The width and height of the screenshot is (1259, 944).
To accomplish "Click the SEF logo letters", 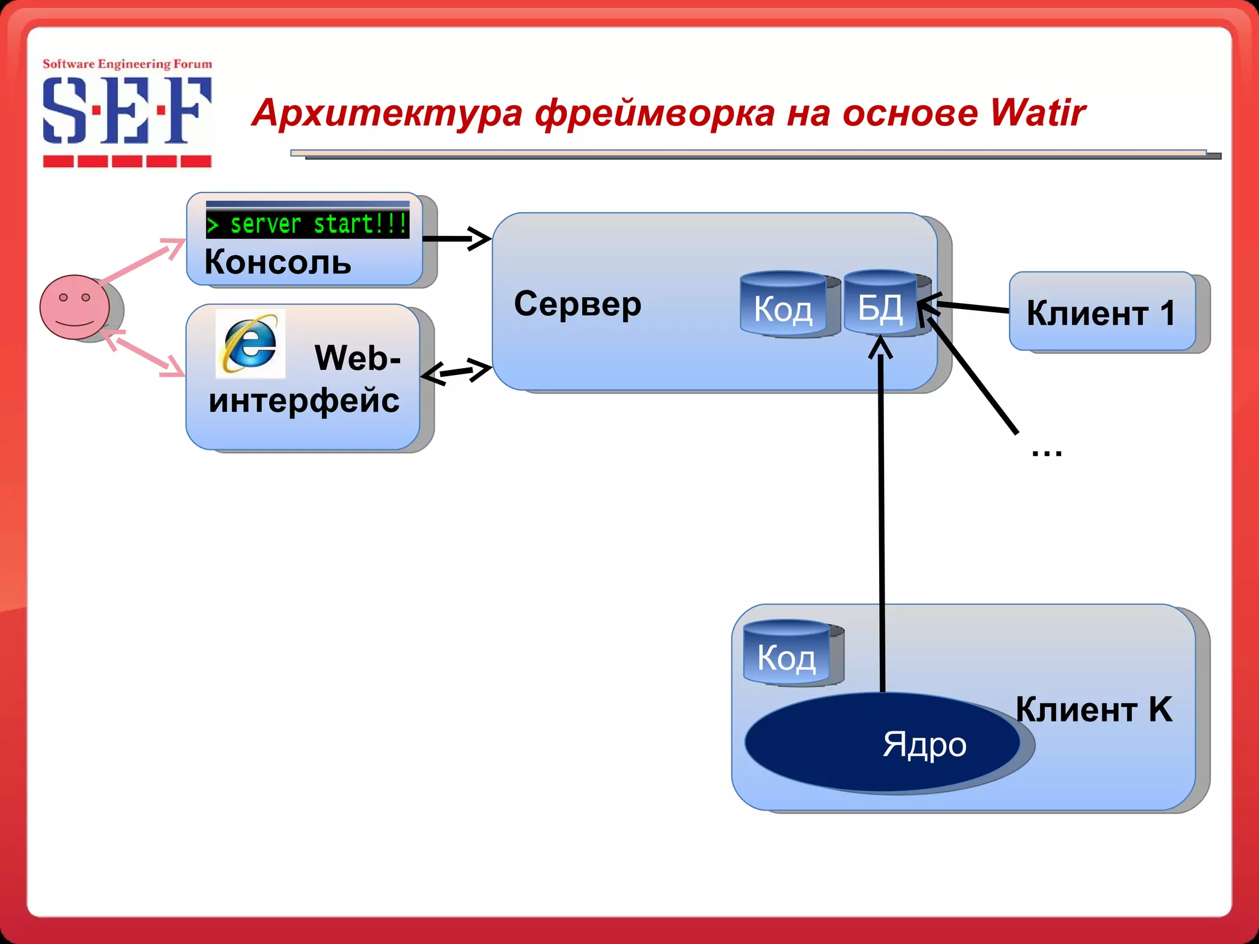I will tap(127, 111).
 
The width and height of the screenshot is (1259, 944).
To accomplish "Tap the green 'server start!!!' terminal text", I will tap(307, 224).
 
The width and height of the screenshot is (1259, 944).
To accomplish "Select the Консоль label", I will tap(278, 262).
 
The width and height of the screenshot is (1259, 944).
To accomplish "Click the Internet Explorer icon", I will tap(250, 344).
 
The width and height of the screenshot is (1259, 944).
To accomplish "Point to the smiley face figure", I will tap(75, 307).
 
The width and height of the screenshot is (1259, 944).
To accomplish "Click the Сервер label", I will tap(577, 304).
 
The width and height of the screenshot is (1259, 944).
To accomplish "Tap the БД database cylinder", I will tap(880, 304).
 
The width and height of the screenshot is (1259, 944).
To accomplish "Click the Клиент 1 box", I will tap(1102, 312).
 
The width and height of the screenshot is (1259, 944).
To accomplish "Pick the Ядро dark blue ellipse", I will tap(882, 742).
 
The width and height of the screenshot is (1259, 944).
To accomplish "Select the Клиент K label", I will tap(1094, 709).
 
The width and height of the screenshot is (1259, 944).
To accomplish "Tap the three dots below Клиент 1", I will tap(1046, 454).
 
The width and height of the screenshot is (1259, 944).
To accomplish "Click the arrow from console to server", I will tap(457, 238).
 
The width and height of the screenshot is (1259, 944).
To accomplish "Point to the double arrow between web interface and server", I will tap(457, 371).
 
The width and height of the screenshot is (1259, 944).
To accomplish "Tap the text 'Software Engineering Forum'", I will tap(127, 64).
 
